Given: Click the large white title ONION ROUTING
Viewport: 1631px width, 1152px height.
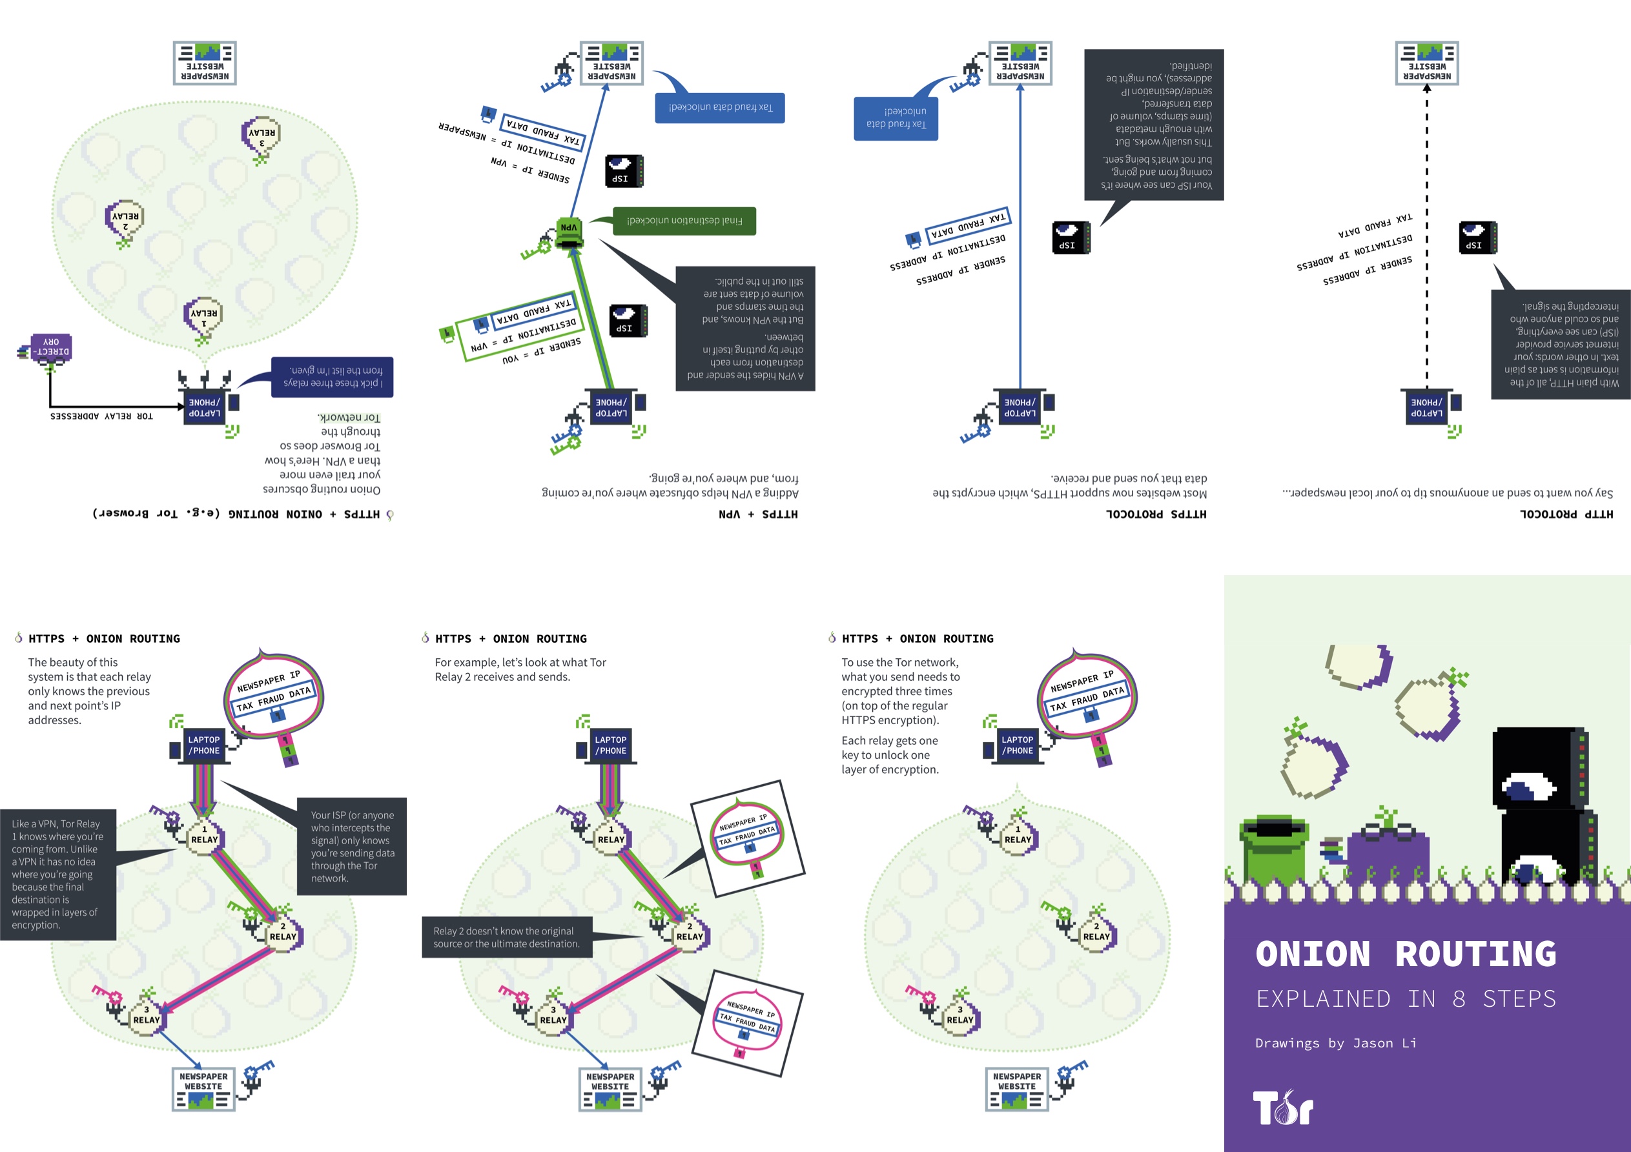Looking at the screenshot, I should pyautogui.click(x=1405, y=954).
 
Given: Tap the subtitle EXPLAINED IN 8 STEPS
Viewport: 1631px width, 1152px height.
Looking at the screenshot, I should pyautogui.click(x=1405, y=998).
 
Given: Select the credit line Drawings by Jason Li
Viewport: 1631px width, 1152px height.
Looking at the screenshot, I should pyautogui.click(x=1335, y=1043).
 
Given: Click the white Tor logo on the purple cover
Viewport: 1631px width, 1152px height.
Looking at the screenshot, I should pyautogui.click(x=1282, y=1108).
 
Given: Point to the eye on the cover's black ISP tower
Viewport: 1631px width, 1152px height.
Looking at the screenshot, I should pyautogui.click(x=1527, y=787).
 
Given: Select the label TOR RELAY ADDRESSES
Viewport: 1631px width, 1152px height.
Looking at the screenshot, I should pyautogui.click(x=101, y=416).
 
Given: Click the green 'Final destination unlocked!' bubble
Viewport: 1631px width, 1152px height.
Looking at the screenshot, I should pyautogui.click(x=683, y=221).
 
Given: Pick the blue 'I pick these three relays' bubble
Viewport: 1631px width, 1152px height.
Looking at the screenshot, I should pyautogui.click(x=333, y=376).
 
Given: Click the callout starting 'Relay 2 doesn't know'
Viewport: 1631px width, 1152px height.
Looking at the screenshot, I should pyautogui.click(x=506, y=937).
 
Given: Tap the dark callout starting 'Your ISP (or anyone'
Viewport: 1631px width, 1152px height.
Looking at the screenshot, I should pyautogui.click(x=352, y=846).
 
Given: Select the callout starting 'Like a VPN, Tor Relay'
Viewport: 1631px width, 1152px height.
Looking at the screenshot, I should pyautogui.click(x=57, y=874).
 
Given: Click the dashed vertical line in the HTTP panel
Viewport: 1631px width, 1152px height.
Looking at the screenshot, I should pyautogui.click(x=1426, y=234).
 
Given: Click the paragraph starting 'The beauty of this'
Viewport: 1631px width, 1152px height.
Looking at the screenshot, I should pyautogui.click(x=89, y=691).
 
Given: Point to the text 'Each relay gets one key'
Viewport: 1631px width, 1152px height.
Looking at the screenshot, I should pyautogui.click(x=889, y=754).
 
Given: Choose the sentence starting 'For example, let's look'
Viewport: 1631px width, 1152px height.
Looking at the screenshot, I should pyautogui.click(x=520, y=669).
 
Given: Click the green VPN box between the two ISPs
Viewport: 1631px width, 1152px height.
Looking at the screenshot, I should pyautogui.click(x=569, y=232).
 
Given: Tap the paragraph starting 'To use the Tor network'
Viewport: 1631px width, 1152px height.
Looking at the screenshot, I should pyautogui.click(x=900, y=691).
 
